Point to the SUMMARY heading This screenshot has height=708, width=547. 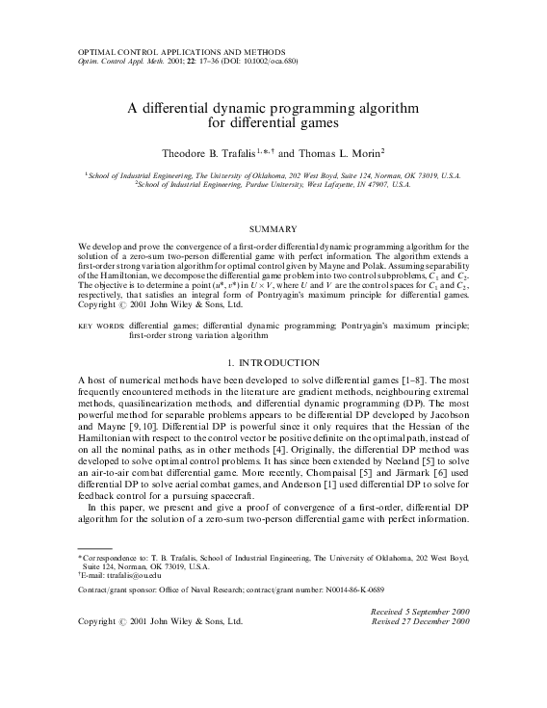273,228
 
